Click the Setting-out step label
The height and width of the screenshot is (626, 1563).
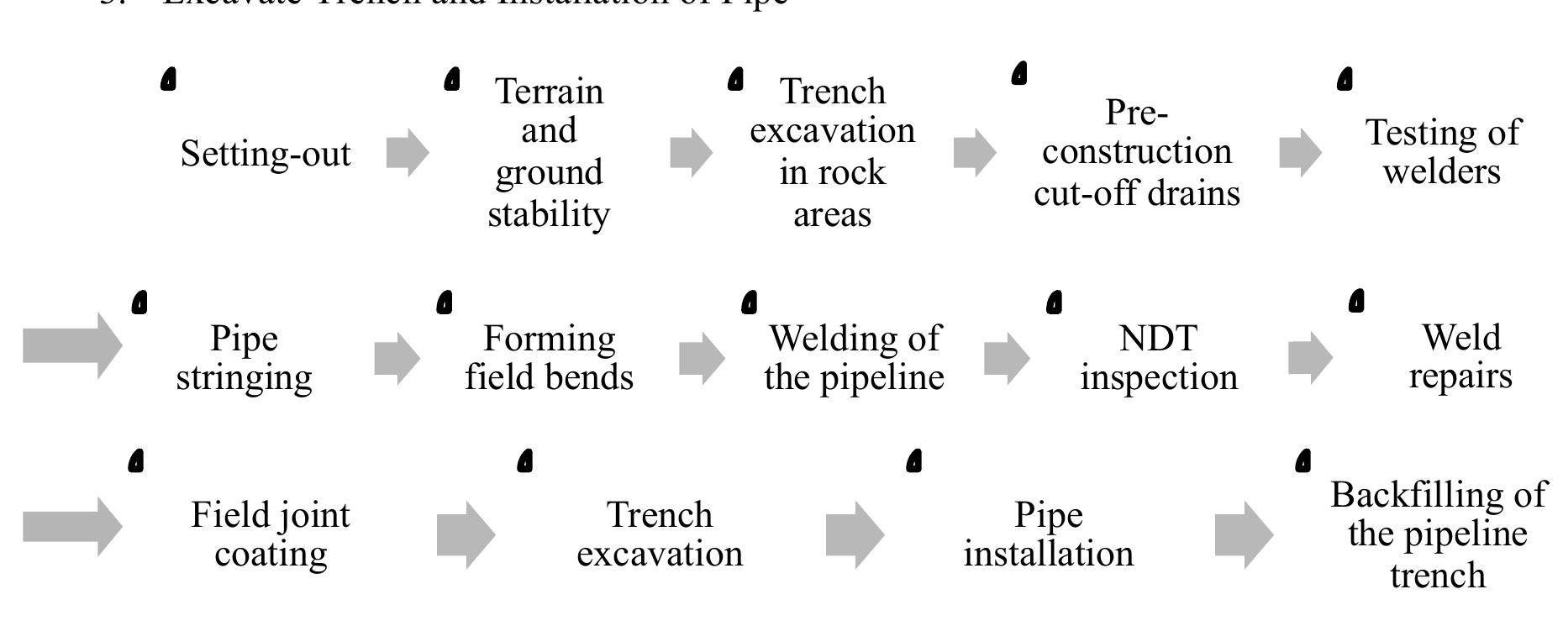tap(266, 154)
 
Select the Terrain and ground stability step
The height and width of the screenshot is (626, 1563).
tap(549, 152)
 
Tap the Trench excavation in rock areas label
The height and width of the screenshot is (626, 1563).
tap(832, 152)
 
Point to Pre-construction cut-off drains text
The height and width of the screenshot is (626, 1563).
tap(1136, 152)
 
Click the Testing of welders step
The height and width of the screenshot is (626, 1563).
tap(1442, 152)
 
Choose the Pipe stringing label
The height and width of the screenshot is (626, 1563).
tap(244, 357)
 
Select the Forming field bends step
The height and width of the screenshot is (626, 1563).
tap(549, 357)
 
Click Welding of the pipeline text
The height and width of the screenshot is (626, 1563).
tap(854, 357)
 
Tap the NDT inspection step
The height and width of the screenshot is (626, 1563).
tap(1159, 357)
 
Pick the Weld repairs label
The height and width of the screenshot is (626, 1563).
tap(1460, 356)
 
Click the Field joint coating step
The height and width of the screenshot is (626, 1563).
tap(271, 534)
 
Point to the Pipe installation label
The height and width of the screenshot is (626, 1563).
tap(1048, 534)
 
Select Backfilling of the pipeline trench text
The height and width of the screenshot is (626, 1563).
tap(1438, 534)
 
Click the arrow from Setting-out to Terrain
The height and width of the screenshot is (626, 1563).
tap(408, 152)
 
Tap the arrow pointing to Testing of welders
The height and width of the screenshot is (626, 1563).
tap(1300, 152)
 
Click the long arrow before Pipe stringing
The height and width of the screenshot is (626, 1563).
tap(72, 345)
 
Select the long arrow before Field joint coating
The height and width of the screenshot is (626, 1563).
tap(72, 526)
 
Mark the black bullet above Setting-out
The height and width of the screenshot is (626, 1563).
tap(169, 80)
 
